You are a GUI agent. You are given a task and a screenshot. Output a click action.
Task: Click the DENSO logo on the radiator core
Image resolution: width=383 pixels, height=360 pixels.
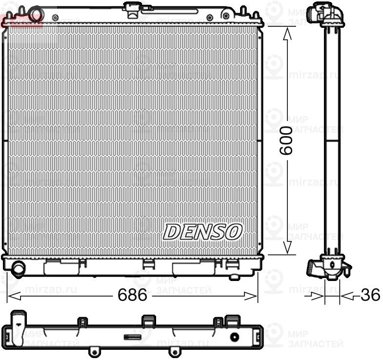click(202, 232)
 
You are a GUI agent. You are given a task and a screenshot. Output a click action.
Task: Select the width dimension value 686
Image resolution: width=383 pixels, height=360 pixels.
click(132, 295)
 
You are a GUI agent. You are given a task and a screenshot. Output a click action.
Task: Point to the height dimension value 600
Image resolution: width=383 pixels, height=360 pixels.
click(286, 140)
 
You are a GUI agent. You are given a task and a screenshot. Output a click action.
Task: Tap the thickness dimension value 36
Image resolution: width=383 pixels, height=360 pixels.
click(370, 295)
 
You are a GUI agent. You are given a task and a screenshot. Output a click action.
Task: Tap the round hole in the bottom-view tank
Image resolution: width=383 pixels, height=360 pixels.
click(235, 337)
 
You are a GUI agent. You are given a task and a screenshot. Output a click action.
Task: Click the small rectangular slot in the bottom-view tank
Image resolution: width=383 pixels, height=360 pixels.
click(132, 337)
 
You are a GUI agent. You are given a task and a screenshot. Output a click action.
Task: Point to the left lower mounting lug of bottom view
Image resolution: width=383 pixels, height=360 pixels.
click(92, 351)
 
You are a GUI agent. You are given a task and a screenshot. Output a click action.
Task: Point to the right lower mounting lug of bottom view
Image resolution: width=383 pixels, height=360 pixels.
click(172, 351)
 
